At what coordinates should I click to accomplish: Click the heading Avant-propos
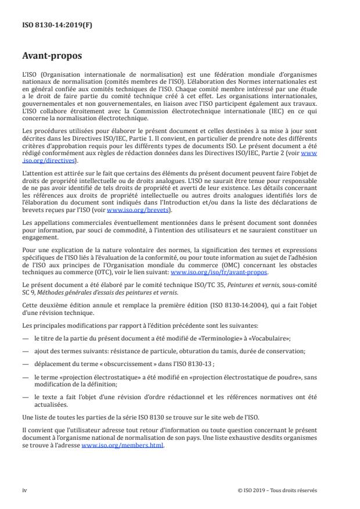[52, 57]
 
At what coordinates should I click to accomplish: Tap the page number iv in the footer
[24, 490]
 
